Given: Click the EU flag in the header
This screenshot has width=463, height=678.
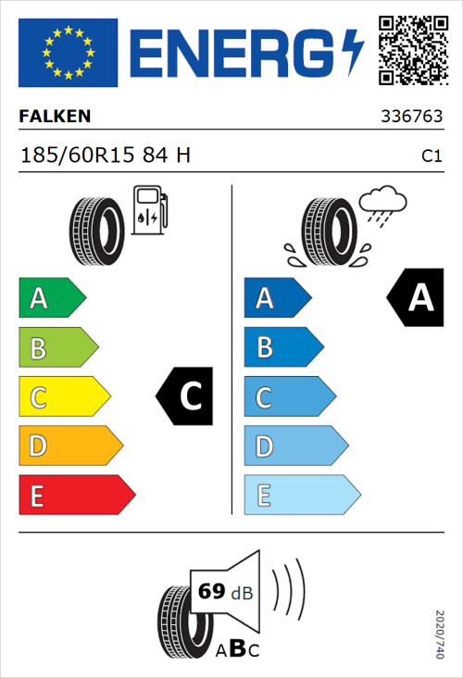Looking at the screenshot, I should [68, 53].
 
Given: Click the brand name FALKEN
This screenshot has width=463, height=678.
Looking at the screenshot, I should [56, 117].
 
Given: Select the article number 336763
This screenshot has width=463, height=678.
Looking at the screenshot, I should [411, 118].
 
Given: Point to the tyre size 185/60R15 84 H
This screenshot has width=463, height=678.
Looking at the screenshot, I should [106, 156].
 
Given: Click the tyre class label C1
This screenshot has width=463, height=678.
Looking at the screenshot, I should [431, 157].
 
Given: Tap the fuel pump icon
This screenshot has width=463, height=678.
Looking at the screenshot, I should [149, 208].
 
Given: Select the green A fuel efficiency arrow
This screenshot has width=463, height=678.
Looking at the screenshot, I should [51, 298].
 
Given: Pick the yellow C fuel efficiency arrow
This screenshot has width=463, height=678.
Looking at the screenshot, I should [63, 397].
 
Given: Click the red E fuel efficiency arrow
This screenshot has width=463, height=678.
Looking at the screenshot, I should [76, 496].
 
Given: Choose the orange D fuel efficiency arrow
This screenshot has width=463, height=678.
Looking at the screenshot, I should [69, 446].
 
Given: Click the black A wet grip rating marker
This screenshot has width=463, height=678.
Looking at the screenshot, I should [414, 298].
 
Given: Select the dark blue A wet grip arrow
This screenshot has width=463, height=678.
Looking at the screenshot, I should [277, 298].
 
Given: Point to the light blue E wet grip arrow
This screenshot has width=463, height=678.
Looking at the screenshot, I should [301, 496].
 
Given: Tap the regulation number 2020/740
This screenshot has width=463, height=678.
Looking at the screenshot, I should [439, 634].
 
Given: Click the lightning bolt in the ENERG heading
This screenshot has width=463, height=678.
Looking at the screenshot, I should [354, 53].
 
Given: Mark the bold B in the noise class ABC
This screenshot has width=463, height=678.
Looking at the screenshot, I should [236, 649].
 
